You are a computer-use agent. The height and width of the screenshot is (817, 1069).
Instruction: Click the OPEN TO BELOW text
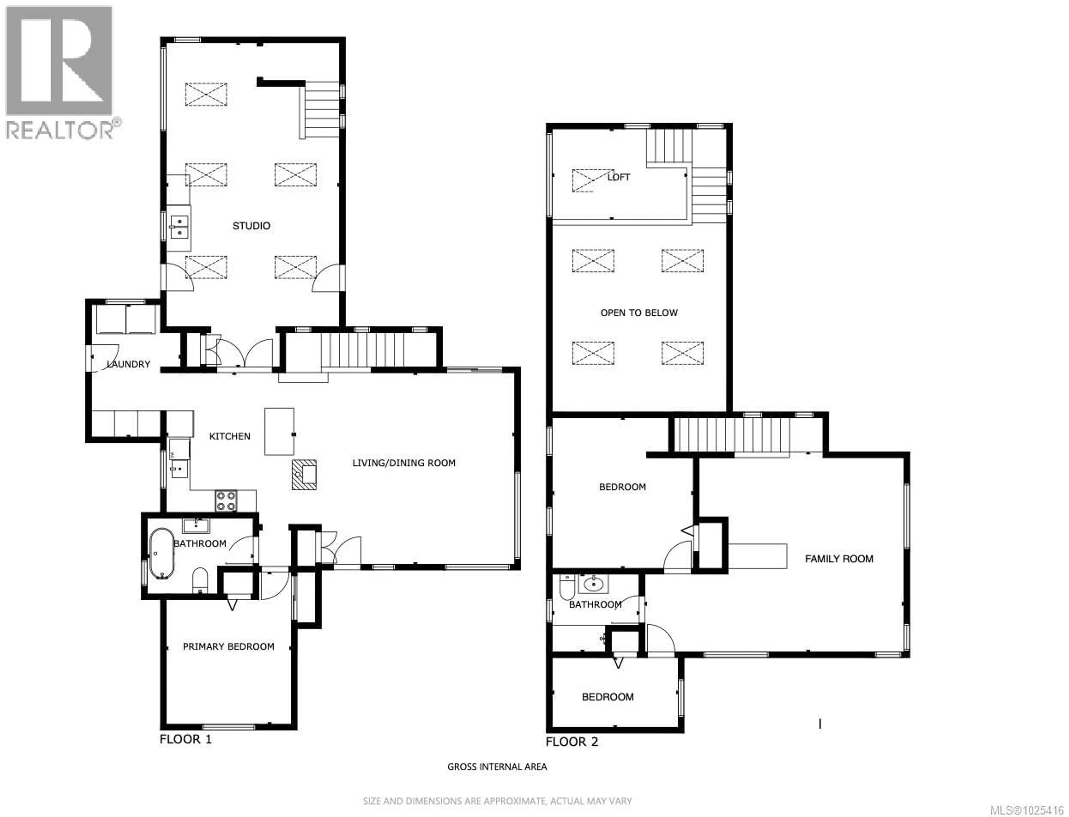639,313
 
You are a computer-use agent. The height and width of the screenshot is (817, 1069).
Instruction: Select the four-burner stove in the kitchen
226,501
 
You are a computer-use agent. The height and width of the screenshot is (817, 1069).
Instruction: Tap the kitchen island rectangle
279,431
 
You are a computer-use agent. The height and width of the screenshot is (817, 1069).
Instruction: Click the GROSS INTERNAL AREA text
497,767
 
